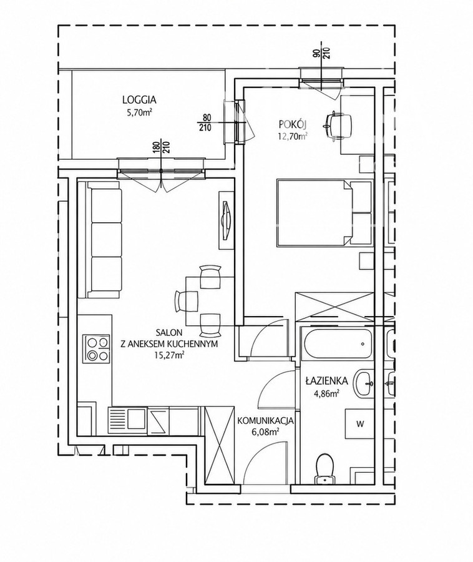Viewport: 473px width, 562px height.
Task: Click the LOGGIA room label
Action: (x=139, y=99)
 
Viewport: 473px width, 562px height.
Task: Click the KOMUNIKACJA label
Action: (x=266, y=420)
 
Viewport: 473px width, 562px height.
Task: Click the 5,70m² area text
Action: (x=139, y=112)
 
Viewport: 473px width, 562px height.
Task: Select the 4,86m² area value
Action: (x=325, y=393)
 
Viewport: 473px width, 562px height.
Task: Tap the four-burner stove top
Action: (x=96, y=348)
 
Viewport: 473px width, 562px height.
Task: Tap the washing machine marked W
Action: (x=359, y=423)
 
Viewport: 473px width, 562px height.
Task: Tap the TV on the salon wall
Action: (x=225, y=220)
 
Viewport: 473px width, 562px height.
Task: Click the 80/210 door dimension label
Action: (x=207, y=122)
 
